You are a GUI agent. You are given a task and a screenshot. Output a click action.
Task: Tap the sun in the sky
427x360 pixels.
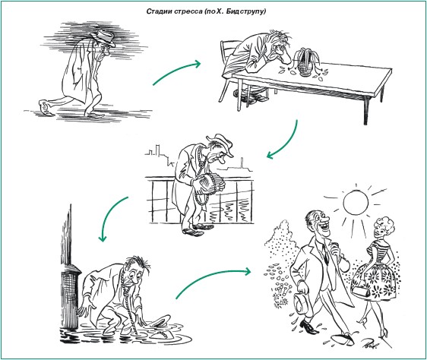point(356,203)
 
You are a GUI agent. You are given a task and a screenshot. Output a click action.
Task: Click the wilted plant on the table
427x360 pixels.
point(304,63)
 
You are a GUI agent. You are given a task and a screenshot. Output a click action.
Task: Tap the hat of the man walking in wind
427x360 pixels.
point(105,37)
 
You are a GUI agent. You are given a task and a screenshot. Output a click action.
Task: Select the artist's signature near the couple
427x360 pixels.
point(371,343)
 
